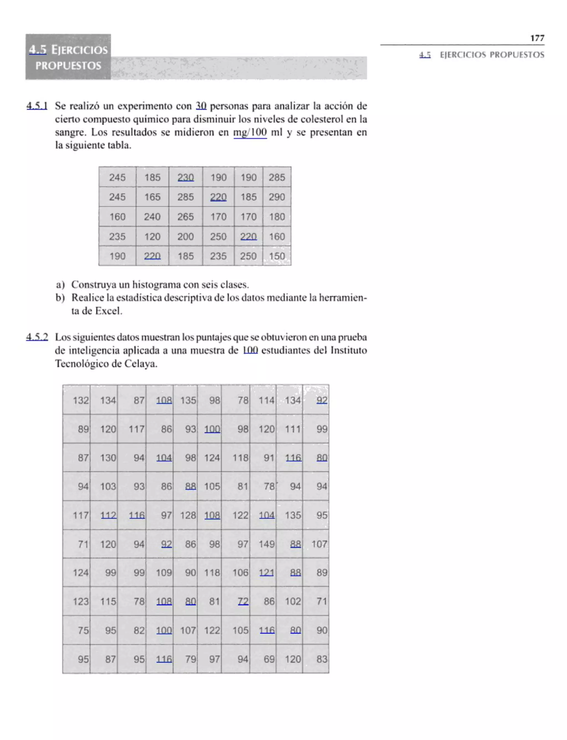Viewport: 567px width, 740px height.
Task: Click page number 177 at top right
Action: [x=537, y=38]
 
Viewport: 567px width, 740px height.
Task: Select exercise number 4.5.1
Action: [x=37, y=106]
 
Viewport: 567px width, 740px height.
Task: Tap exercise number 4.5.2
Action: [x=37, y=337]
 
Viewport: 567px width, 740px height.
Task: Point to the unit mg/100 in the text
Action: [x=250, y=132]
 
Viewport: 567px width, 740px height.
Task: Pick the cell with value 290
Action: [x=277, y=197]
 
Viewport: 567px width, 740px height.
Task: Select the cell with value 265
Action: [x=185, y=217]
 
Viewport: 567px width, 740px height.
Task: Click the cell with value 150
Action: [x=277, y=256]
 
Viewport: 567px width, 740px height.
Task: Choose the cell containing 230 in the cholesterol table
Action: [x=185, y=177]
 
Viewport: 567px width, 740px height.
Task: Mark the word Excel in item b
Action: [x=108, y=311]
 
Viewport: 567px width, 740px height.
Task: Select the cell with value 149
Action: [x=266, y=544]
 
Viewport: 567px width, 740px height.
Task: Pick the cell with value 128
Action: [x=188, y=515]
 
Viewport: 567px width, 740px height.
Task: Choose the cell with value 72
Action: [x=243, y=601]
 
